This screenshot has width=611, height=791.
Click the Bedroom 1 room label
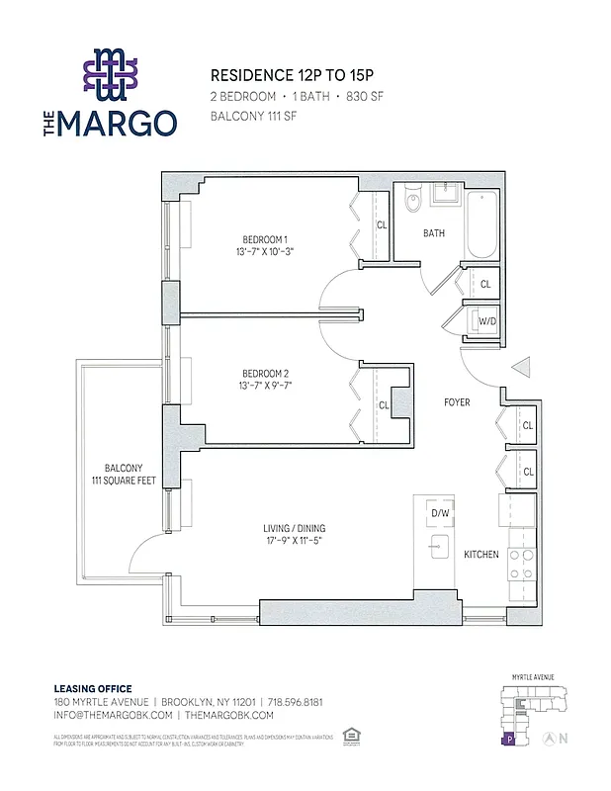264,239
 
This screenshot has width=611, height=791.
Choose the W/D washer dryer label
485,321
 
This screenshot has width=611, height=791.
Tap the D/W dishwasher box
439,513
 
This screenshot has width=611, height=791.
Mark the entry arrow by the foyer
520,369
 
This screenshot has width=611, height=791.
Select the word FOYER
457,402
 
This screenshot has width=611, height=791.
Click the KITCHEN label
481,555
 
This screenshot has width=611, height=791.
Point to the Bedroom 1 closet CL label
382,224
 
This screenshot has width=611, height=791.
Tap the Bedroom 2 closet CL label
384,405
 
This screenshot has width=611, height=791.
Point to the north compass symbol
563,738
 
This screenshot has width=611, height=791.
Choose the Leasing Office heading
92,689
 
